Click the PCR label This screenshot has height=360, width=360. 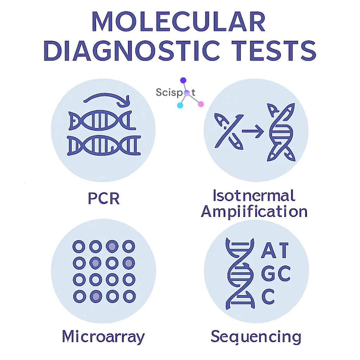[x=104, y=199]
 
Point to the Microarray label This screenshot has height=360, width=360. [x=103, y=336]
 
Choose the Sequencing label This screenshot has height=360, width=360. [x=256, y=336]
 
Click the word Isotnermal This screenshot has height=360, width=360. [x=254, y=195]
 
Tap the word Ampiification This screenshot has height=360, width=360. [x=254, y=212]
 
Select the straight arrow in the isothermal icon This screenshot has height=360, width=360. [x=253, y=131]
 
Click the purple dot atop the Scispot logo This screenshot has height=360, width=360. [x=183, y=81]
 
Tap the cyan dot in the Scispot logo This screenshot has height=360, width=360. [x=180, y=105]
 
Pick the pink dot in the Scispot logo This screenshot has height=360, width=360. [x=201, y=104]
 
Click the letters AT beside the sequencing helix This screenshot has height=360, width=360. [x=275, y=250]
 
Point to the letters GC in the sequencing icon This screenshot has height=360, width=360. [x=276, y=274]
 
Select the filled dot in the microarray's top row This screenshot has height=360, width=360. [x=112, y=246]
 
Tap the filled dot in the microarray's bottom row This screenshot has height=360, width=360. [x=95, y=296]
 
